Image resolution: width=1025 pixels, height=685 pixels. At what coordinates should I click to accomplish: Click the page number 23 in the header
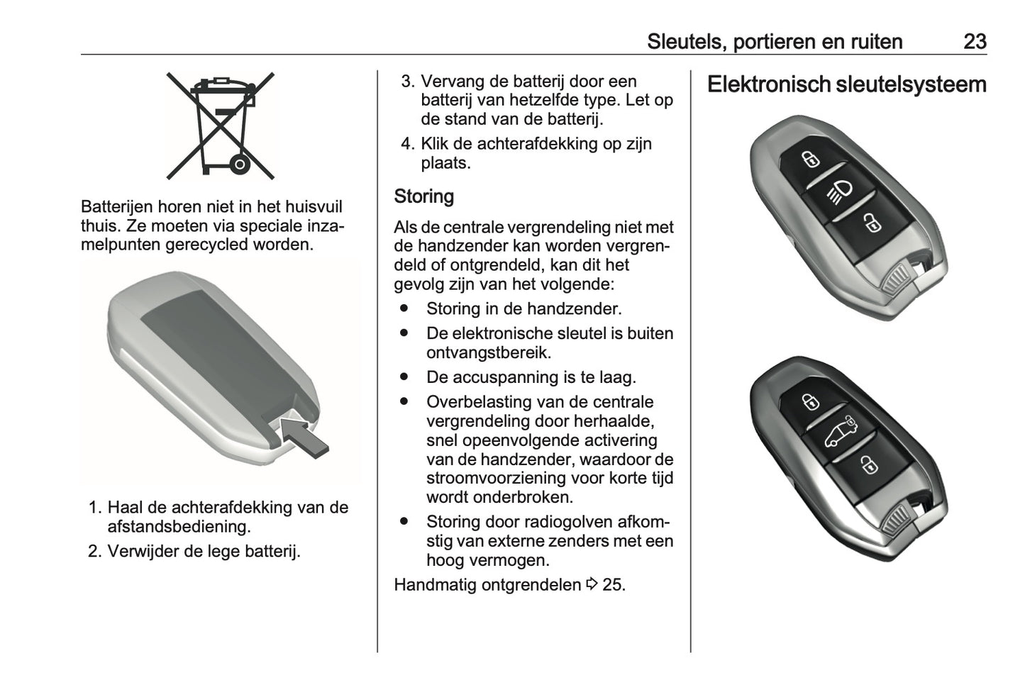pos(975,41)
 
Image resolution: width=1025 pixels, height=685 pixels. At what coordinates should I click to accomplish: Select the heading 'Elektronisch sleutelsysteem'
pos(846,84)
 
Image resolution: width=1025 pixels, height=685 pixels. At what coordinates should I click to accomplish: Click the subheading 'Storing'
pos(423,196)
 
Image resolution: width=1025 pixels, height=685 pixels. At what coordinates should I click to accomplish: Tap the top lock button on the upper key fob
pos(809,159)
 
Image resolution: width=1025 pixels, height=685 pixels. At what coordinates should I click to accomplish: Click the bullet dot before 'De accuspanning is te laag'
pos(404,377)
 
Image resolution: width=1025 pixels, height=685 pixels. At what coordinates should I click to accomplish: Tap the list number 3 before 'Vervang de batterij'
pos(406,82)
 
